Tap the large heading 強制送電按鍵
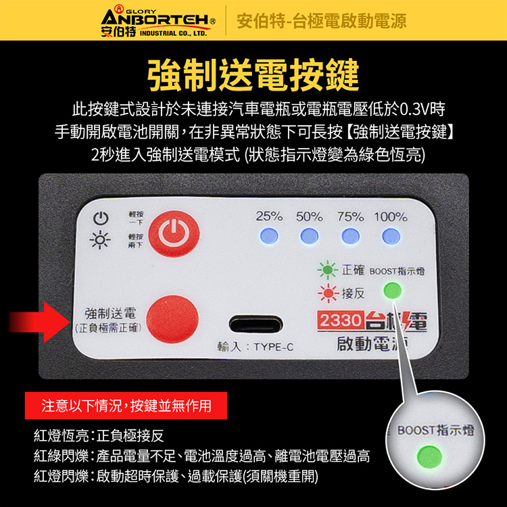(253, 74)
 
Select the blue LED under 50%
(309, 236)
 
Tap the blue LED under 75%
(349, 236)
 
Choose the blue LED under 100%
(390, 236)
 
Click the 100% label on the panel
(390, 217)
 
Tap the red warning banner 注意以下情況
(126, 406)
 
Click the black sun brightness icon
(101, 240)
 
